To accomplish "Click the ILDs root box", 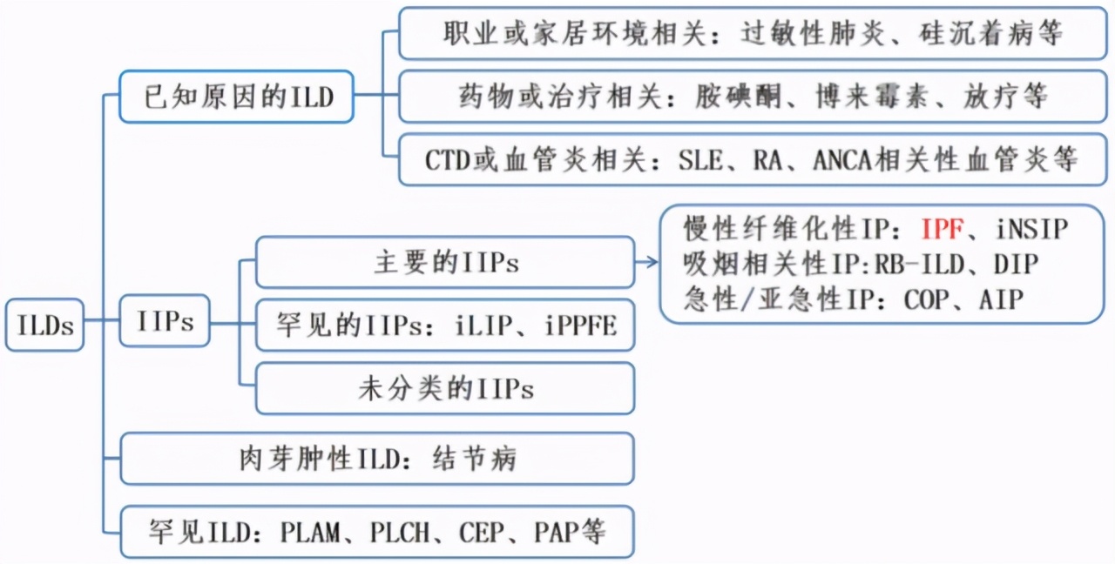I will click(x=44, y=325).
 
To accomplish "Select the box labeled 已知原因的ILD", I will click(x=238, y=96).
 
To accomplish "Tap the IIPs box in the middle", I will click(x=166, y=321).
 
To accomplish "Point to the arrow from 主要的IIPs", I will click(x=647, y=262).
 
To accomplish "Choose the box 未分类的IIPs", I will click(x=444, y=388).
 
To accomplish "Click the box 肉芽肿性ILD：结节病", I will click(x=376, y=459).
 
